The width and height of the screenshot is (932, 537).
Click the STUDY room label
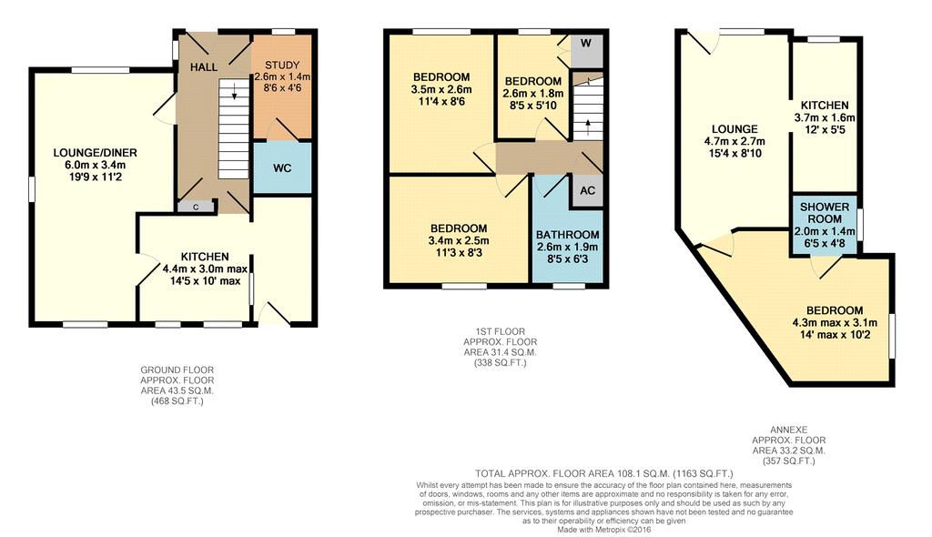282,66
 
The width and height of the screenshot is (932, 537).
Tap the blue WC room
282,168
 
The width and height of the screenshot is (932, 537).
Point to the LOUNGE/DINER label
88,152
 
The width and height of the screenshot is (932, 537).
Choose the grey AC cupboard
587,191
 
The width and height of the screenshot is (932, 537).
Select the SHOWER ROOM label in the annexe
825,212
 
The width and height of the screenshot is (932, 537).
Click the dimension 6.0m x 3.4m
88,165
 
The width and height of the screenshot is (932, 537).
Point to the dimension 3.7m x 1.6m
825,117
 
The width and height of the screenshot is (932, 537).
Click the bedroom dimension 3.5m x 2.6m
441,89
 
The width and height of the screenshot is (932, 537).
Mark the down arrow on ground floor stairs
235,92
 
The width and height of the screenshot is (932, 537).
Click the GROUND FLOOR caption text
177,370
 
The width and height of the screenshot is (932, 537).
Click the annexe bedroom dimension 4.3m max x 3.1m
835,322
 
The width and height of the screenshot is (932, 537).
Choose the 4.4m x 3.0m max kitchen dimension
201,268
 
